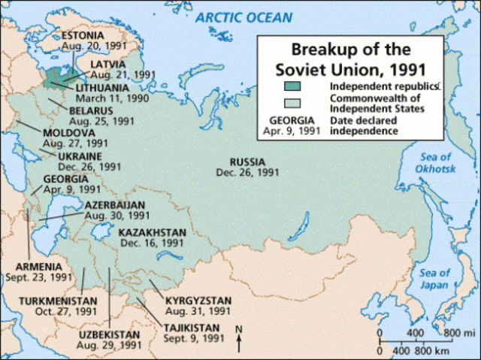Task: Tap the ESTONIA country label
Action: pyautogui.click(x=83, y=35)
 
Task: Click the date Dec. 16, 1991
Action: pyautogui.click(x=151, y=244)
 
